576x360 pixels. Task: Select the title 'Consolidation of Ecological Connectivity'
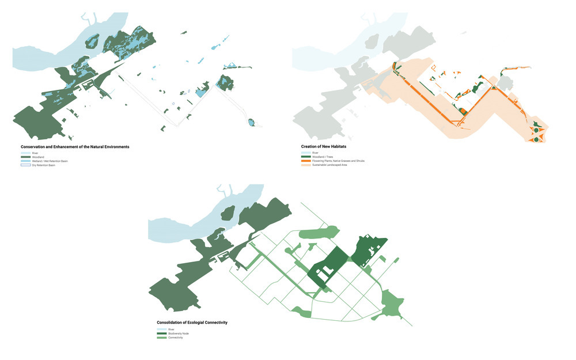pos(192,323)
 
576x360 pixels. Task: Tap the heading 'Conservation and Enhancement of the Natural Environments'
pos(75,147)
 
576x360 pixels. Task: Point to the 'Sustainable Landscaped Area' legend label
pos(330,165)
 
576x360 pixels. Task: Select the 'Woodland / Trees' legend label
pos(323,157)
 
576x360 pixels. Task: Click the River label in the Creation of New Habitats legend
pos(316,153)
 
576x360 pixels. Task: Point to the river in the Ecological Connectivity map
pos(184,222)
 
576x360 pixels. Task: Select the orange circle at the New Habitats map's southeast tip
pos(536,138)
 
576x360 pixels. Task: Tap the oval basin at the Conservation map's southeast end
pos(251,122)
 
